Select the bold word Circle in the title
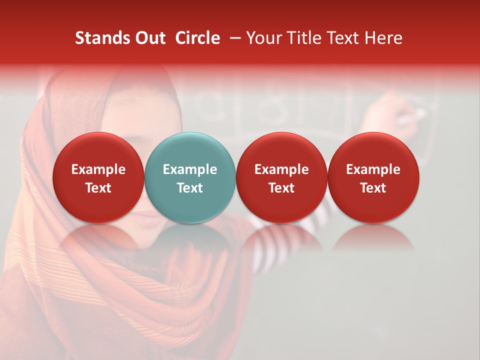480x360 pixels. point(197,38)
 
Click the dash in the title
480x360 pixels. point(233,38)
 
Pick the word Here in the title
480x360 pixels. point(384,38)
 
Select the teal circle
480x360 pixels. point(190,177)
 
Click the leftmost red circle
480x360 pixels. point(98,177)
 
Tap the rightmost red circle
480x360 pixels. point(373,177)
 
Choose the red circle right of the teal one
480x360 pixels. point(281,177)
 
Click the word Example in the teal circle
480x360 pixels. point(190,169)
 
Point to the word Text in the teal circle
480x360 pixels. point(190,188)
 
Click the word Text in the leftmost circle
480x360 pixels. point(98,188)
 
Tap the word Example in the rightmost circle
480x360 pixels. point(373,169)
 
